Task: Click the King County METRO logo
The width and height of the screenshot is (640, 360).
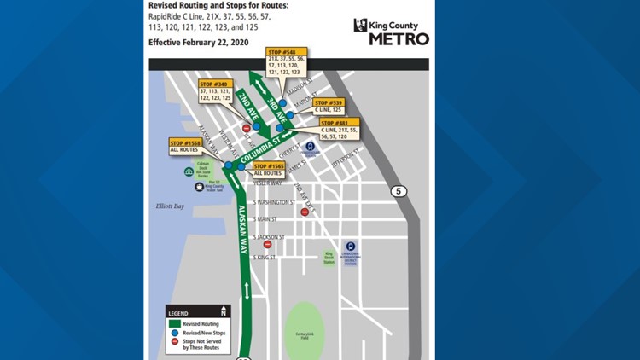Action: [x=391, y=31]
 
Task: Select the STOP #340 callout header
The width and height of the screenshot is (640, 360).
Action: [x=213, y=84]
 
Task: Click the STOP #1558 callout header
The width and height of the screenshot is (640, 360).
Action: [x=183, y=142]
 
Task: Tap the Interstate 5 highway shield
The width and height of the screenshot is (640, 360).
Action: [x=398, y=191]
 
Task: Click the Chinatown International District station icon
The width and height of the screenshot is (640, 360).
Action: [x=350, y=247]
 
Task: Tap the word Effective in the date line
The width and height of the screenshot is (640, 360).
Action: [x=168, y=42]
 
